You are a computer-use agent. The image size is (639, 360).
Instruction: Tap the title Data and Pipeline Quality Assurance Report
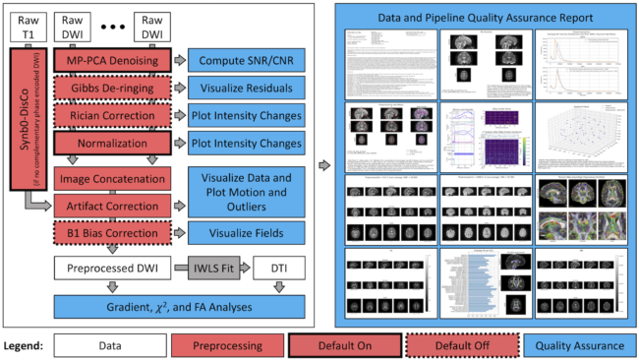pos(482,18)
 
